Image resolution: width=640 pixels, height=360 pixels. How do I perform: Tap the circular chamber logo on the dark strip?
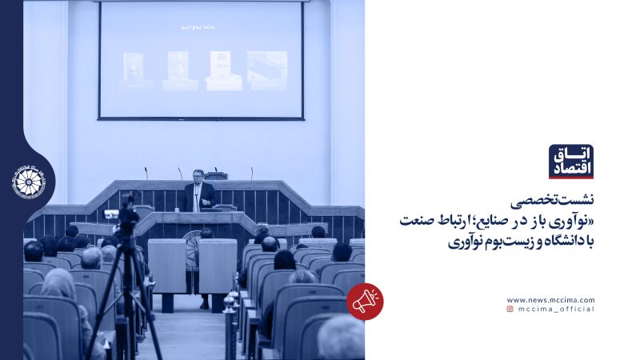[x=30, y=181]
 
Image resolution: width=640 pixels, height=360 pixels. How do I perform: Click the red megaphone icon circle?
[x=365, y=302]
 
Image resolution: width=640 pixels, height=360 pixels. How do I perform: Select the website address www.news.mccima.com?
[x=550, y=300]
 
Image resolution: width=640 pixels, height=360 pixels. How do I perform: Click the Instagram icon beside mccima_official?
[x=510, y=309]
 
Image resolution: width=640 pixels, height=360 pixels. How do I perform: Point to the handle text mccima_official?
[x=556, y=309]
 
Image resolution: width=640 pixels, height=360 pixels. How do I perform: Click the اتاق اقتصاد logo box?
[x=570, y=162]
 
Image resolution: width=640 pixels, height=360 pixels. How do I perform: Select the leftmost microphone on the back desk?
[x=146, y=173]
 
